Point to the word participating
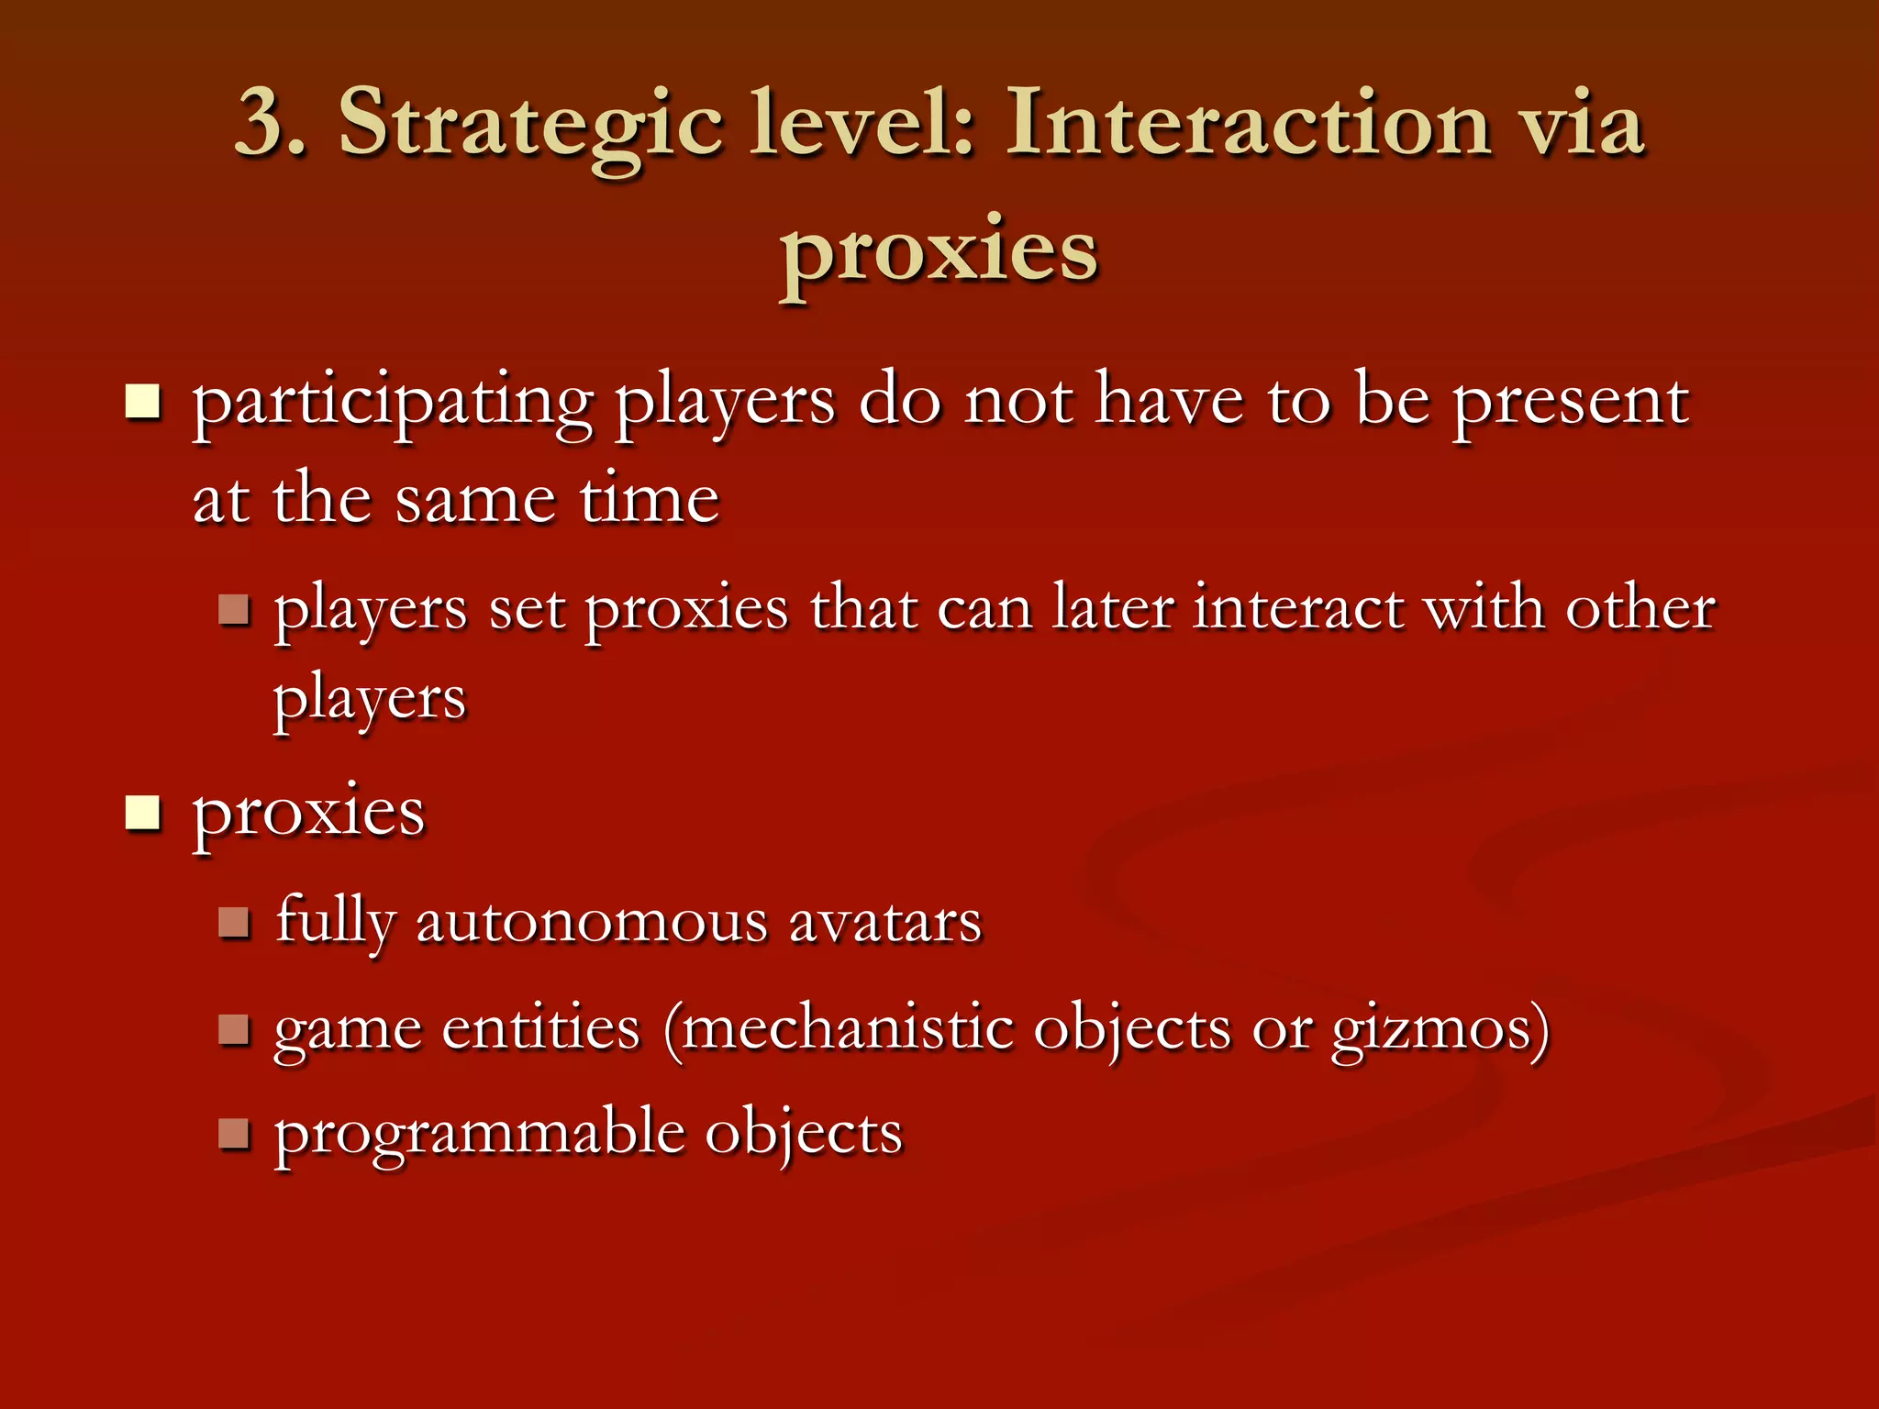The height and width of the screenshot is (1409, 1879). pyautogui.click(x=393, y=404)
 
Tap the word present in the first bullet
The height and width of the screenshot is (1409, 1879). pyautogui.click(x=1570, y=404)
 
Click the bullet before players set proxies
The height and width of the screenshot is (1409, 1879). pyautogui.click(x=234, y=609)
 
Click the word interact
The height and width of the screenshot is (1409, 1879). pyautogui.click(x=1297, y=608)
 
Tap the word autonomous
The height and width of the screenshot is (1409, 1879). pyautogui.click(x=592, y=922)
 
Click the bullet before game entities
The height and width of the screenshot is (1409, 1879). pyautogui.click(x=234, y=1029)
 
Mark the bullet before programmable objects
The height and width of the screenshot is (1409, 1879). pyautogui.click(x=234, y=1134)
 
